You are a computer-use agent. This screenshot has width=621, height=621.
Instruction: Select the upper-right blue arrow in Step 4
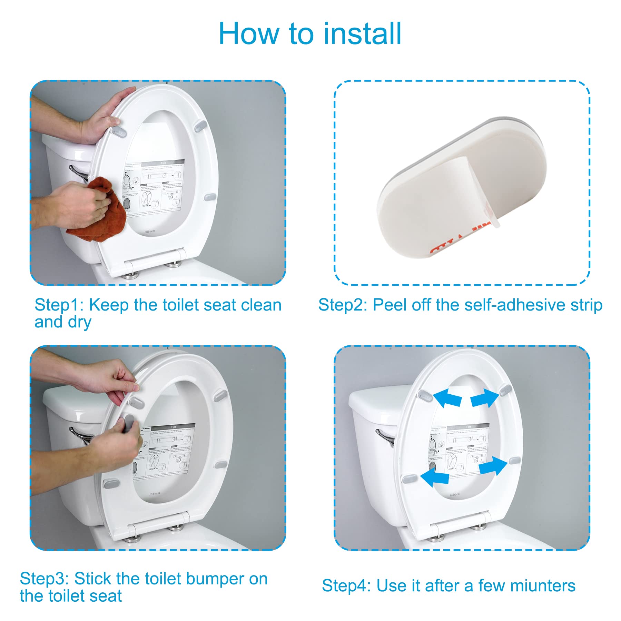[x=485, y=398]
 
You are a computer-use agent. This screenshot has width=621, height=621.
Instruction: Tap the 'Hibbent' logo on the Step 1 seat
[x=150, y=231]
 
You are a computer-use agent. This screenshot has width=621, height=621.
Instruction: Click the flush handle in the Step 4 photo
[x=385, y=436]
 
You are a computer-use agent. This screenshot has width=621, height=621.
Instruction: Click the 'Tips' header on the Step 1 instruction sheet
[x=163, y=162]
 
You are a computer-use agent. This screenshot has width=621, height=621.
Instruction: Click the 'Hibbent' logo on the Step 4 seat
[x=455, y=494]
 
